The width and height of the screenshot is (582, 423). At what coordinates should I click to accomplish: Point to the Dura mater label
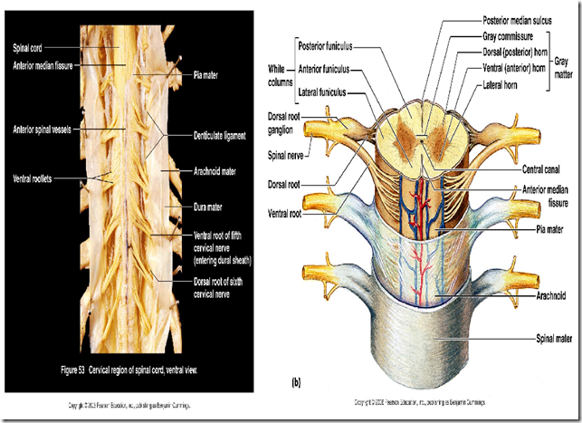(210, 208)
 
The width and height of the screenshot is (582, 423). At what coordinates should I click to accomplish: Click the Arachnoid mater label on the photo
(219, 168)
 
